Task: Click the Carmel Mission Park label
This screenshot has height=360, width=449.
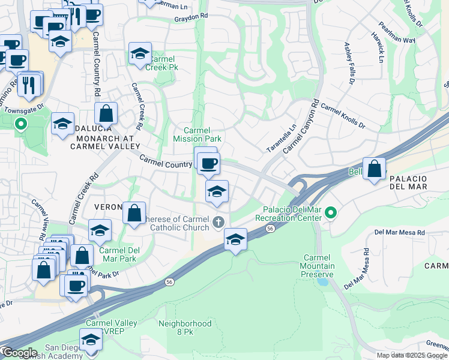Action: (197, 134)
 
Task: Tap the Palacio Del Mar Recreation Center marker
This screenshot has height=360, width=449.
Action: (329, 213)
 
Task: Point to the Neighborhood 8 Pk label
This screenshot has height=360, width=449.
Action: (185, 328)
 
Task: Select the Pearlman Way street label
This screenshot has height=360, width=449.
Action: (397, 34)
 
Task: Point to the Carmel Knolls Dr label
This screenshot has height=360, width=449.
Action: (343, 116)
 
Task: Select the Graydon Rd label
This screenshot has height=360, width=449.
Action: (190, 18)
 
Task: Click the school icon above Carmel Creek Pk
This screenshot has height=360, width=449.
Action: (140, 53)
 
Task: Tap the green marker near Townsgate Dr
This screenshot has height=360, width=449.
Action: (21, 125)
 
